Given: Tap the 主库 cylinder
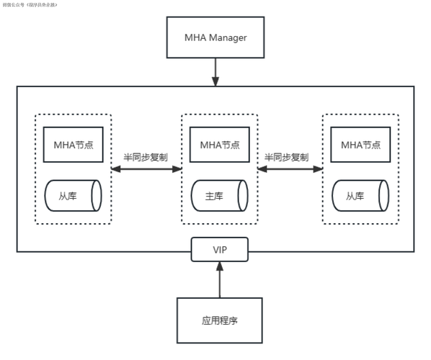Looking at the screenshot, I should tap(219, 195).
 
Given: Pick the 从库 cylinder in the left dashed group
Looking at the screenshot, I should tap(73, 195).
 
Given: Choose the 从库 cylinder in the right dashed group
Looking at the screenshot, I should tap(360, 195).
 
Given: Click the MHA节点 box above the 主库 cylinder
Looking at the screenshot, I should tap(219, 144).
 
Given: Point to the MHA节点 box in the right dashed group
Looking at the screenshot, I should tap(360, 144).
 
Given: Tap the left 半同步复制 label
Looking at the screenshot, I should tap(146, 157).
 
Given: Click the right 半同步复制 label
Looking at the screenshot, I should tap(287, 157).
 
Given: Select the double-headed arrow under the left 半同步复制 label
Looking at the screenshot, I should tap(146, 169).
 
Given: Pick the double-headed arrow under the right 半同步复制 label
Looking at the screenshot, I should tap(288, 169).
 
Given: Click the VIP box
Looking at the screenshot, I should tap(220, 250).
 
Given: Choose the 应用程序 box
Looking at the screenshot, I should tap(220, 319).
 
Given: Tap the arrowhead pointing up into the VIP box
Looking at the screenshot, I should tap(220, 268).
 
